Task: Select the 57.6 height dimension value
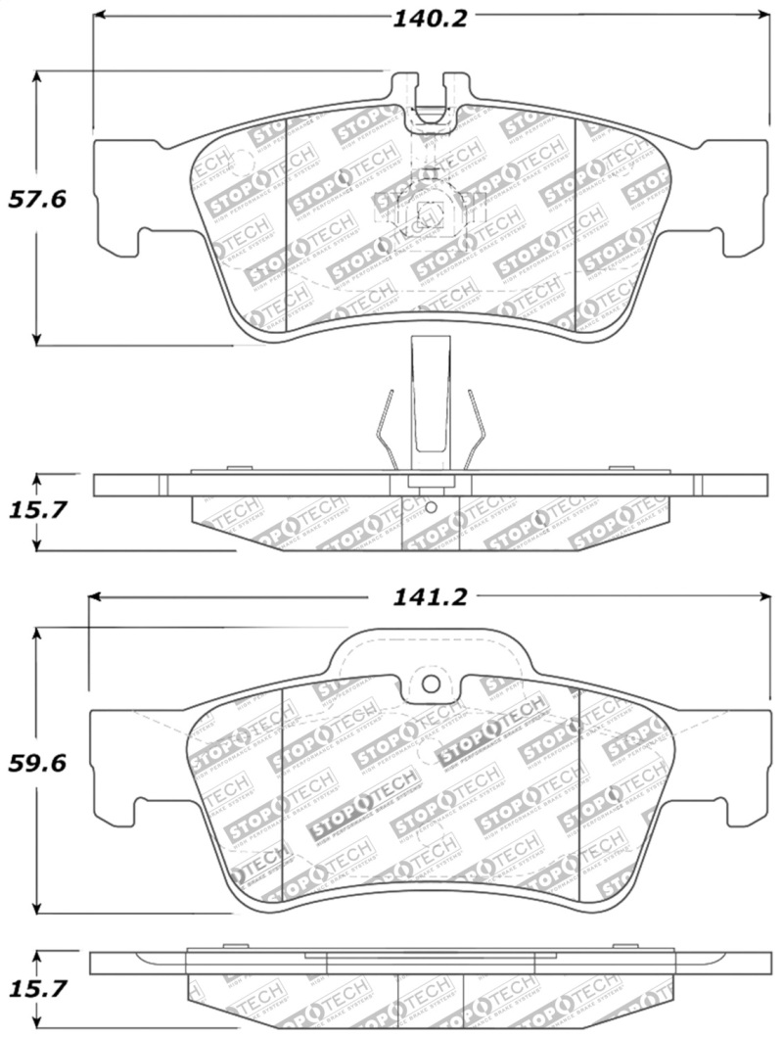36,200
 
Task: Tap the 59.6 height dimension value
36,763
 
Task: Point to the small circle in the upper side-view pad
432,507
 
